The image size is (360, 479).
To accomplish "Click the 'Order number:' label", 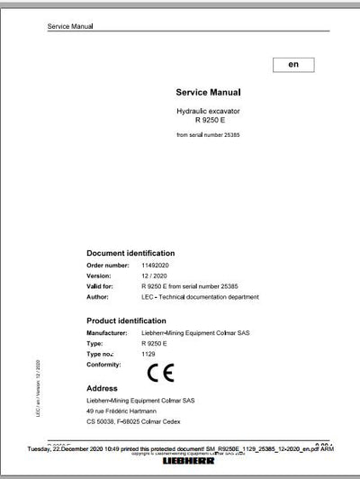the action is point(109,266).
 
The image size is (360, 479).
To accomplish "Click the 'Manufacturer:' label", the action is point(111,333).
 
